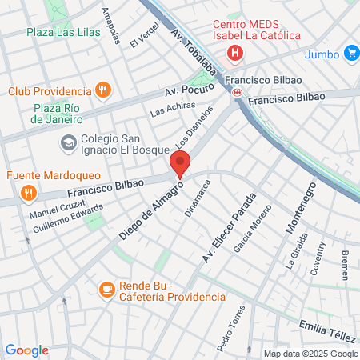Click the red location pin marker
180,164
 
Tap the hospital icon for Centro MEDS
234,54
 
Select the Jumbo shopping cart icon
351,54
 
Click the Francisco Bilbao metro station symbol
237,93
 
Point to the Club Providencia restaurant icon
102,91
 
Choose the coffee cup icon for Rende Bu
107,289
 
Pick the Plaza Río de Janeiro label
58,114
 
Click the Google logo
26,350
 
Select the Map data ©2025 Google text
311,354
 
